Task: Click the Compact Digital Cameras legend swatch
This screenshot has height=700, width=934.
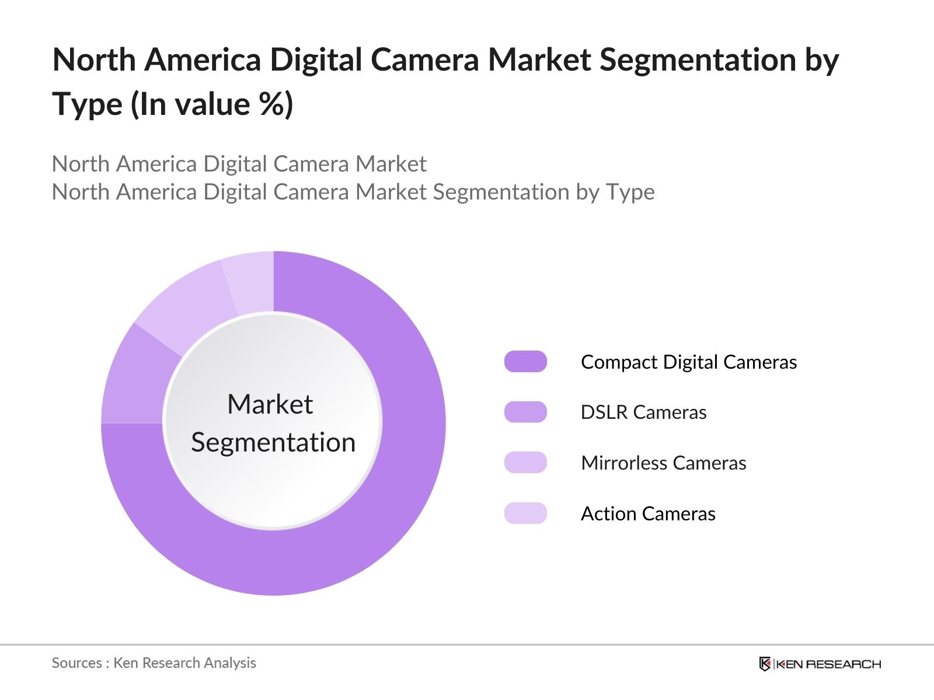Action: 525,362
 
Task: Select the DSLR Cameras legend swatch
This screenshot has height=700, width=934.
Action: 525,412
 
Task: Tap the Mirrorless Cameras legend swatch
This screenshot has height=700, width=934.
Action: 525,463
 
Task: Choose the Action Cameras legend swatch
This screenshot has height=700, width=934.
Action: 525,513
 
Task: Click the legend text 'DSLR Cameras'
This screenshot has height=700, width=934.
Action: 643,412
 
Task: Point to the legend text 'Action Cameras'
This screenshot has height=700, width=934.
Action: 648,514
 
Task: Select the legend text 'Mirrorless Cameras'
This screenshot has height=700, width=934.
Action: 663,463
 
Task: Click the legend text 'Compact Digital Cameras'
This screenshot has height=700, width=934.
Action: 689,362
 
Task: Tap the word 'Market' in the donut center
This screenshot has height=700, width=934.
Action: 270,404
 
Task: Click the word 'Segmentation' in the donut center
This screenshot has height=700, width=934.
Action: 273,442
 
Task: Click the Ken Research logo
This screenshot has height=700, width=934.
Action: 820,664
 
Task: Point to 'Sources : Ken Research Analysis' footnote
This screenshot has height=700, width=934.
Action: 154,663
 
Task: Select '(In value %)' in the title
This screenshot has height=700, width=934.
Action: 211,105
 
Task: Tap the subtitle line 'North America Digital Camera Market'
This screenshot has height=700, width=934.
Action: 239,164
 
